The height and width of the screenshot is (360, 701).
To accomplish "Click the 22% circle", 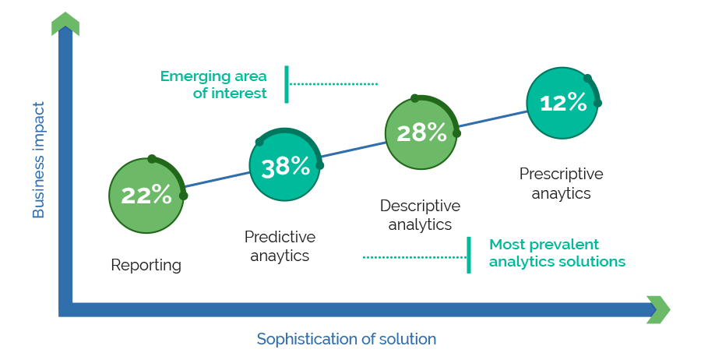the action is point(146,196).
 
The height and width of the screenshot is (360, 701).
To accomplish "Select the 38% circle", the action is point(285,165).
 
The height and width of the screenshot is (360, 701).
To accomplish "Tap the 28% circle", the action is point(421,133).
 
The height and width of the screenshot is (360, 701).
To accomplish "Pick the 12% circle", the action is point(562,103).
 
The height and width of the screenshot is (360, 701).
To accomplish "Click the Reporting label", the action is point(146,265).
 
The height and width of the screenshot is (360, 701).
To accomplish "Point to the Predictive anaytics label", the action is point(280,246).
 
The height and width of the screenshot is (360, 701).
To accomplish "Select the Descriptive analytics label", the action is point(421,214).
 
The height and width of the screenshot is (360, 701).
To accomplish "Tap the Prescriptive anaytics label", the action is point(561,183).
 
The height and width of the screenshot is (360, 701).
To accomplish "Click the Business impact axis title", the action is point(38,160).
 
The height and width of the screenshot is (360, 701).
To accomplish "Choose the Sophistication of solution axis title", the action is point(347,339).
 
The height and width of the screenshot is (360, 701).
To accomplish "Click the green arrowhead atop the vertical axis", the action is point(65,23).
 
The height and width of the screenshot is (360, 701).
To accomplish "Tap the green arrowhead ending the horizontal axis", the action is point(658,309).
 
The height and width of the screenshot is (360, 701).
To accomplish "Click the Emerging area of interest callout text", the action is point(213,84).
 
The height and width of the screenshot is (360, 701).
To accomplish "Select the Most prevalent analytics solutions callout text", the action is point(557,252).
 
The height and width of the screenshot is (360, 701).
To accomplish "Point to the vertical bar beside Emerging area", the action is point(287,84).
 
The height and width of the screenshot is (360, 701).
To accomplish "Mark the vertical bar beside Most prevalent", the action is point(469,255).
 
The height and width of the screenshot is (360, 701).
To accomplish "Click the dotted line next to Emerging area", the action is point(333,83).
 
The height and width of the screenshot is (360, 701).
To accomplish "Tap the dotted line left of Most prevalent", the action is point(414,257).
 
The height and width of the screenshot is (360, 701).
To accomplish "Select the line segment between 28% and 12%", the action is point(493,118).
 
